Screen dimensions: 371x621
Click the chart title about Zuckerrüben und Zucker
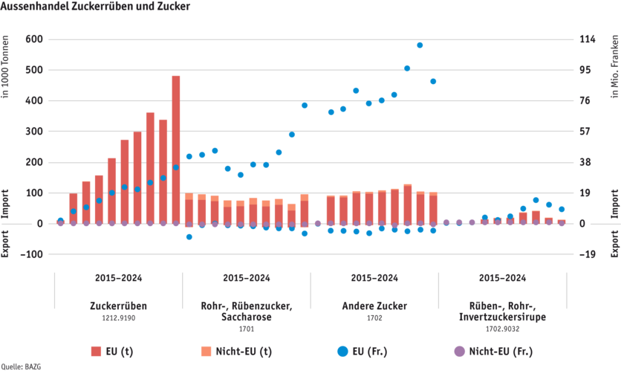tap(96, 6)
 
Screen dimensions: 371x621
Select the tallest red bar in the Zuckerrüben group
tap(176, 149)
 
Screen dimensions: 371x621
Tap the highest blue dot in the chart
tap(420, 45)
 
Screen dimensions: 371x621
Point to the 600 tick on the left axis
tap(34, 39)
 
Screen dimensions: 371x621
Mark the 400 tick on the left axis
tap(34, 100)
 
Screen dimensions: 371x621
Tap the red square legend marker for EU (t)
tap(95, 351)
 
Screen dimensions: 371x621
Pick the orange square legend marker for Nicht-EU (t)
tap(205, 351)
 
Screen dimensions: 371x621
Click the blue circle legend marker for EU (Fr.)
tap(342, 351)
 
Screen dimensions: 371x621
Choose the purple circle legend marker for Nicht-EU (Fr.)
tap(459, 351)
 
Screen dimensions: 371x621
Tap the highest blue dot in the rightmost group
tap(536, 200)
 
